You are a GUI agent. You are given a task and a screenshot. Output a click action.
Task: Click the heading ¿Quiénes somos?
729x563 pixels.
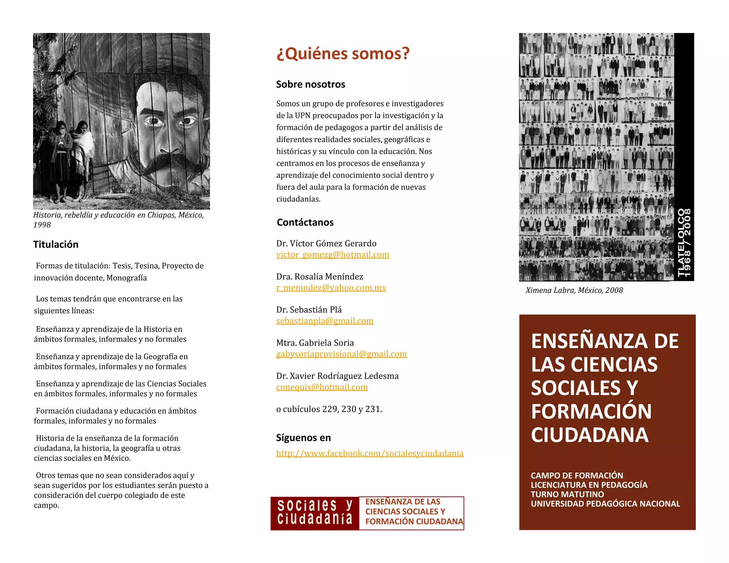coord(343,54)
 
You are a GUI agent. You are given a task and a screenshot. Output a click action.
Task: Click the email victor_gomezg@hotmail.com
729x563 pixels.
coord(332,254)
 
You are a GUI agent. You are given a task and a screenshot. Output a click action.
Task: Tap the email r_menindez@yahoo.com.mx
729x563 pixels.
coord(331,288)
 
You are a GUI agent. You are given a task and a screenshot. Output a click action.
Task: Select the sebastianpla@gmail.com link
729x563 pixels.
coord(325,321)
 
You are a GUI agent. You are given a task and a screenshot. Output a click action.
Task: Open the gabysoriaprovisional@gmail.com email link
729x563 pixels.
coord(341,354)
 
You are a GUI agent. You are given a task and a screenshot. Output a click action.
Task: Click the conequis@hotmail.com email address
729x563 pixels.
coord(322,387)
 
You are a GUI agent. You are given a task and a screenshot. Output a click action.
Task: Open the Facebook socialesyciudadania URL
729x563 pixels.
coord(370,453)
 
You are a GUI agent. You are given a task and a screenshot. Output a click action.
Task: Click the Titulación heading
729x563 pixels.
coord(56,244)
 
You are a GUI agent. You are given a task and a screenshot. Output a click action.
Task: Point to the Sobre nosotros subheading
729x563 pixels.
coord(310,84)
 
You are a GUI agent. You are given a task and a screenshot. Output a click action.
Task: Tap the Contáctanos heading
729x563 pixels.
coord(305,222)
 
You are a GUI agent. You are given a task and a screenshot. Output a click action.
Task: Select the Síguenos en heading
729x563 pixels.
coord(303,438)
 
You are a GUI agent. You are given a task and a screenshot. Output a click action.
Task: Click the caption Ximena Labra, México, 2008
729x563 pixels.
coord(574,290)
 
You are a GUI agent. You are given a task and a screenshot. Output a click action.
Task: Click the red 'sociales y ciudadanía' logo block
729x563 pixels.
coord(315,513)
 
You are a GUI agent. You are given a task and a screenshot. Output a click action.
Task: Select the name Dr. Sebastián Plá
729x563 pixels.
coord(309,310)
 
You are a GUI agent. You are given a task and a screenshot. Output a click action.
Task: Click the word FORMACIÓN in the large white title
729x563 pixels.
coord(591,411)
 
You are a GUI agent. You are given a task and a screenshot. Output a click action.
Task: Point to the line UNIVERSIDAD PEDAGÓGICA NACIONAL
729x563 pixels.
coord(605,504)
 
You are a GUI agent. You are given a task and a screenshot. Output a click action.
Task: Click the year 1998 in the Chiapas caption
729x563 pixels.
coord(42,225)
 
